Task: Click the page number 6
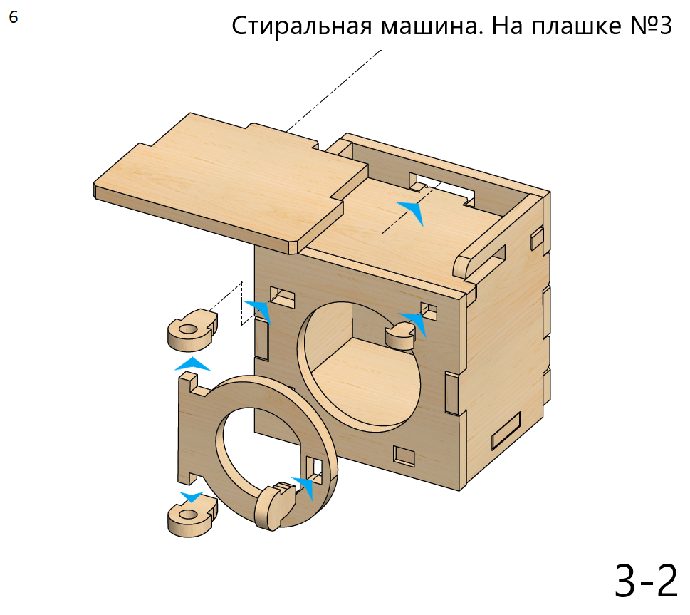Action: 14,17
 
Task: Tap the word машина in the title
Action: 432,26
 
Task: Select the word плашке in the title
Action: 577,26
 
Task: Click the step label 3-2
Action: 646,581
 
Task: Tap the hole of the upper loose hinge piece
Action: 188,329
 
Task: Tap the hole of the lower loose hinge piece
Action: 188,514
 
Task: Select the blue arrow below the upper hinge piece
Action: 192,364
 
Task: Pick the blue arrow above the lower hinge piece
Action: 192,497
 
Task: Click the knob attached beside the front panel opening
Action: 399,335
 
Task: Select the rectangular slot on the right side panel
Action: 506,430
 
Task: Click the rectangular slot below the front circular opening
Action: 404,456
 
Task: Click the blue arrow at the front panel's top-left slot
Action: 260,311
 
